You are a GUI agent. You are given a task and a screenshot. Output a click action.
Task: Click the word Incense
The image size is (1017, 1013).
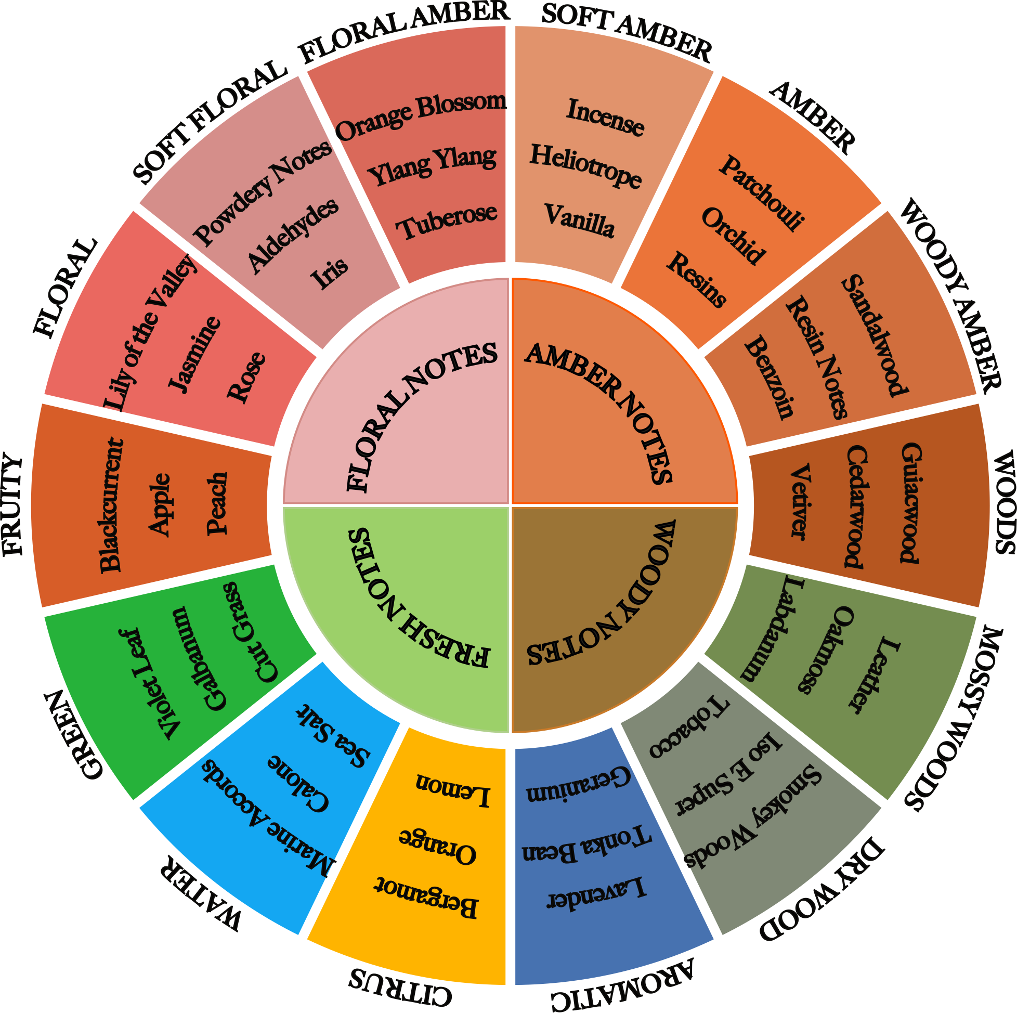(605, 117)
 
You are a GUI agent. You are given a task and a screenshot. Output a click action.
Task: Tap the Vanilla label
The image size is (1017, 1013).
(579, 220)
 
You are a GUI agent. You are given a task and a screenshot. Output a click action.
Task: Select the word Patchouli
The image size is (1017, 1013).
(762, 193)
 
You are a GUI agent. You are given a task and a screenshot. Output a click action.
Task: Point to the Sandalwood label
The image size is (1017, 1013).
(875, 335)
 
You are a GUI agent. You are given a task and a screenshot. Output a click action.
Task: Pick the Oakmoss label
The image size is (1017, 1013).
(824, 650)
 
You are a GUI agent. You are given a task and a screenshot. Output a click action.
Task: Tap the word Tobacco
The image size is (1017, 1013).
(689, 727)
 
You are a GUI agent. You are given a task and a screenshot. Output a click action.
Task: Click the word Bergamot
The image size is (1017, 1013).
(426, 898)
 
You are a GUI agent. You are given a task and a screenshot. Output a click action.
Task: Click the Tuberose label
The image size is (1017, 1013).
(447, 220)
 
